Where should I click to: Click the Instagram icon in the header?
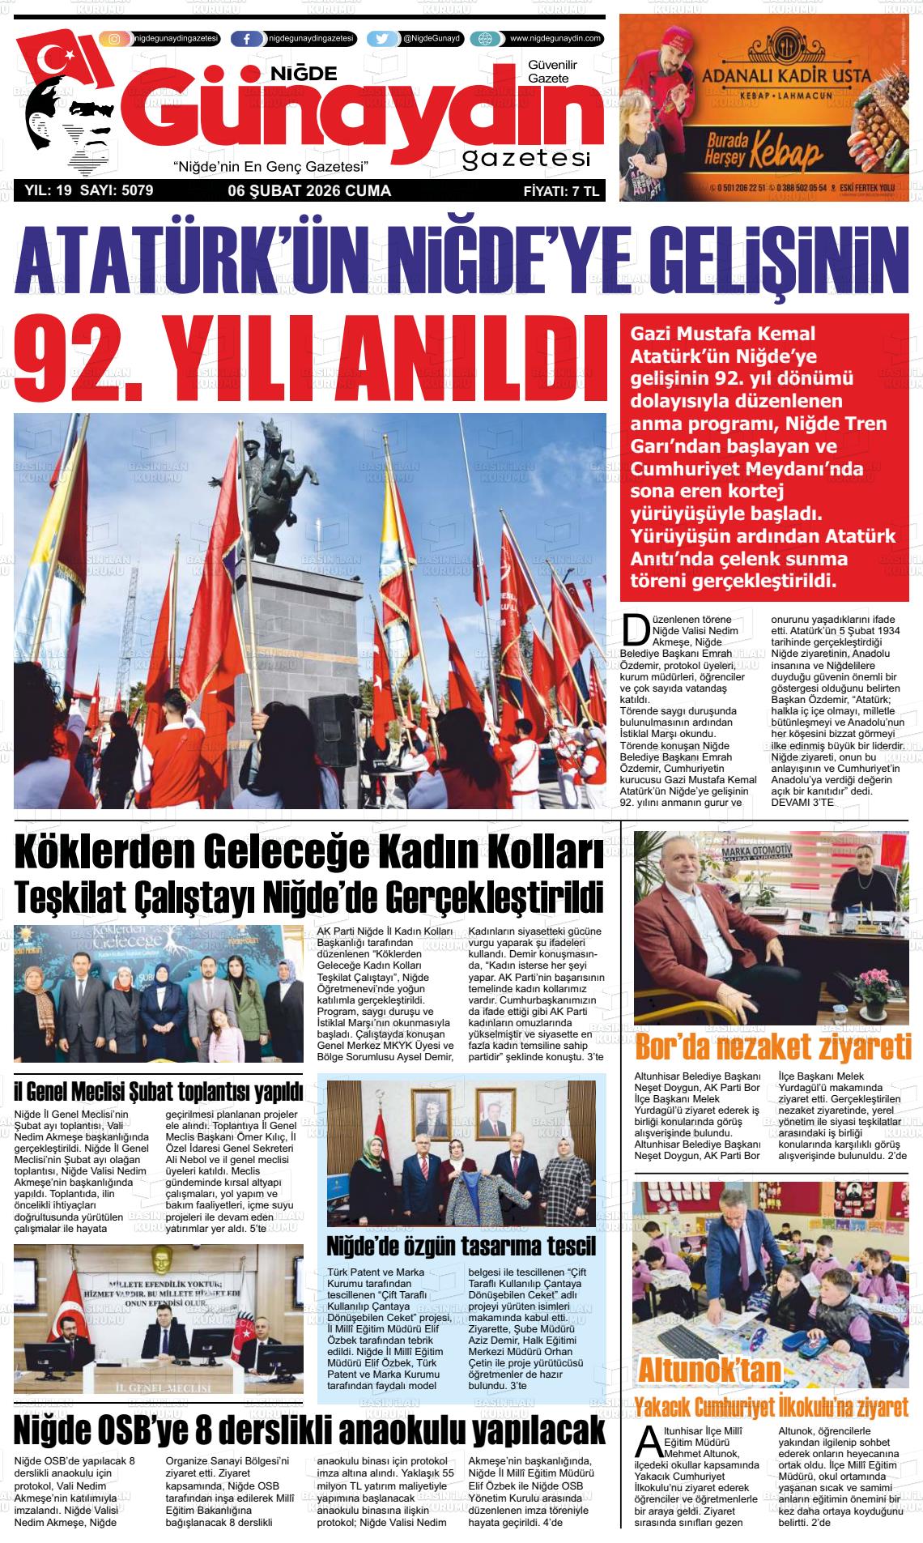coord(115,39)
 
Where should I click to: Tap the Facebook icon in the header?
coord(246,39)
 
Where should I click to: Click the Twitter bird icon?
coord(382,39)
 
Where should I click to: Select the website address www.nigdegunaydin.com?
coord(555,39)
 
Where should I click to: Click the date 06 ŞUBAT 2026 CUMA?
coord(309,191)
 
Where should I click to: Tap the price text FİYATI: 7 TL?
coord(560,192)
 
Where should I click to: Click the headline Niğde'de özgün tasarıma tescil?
coord(461,1245)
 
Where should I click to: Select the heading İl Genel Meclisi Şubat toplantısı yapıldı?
coord(159,1092)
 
